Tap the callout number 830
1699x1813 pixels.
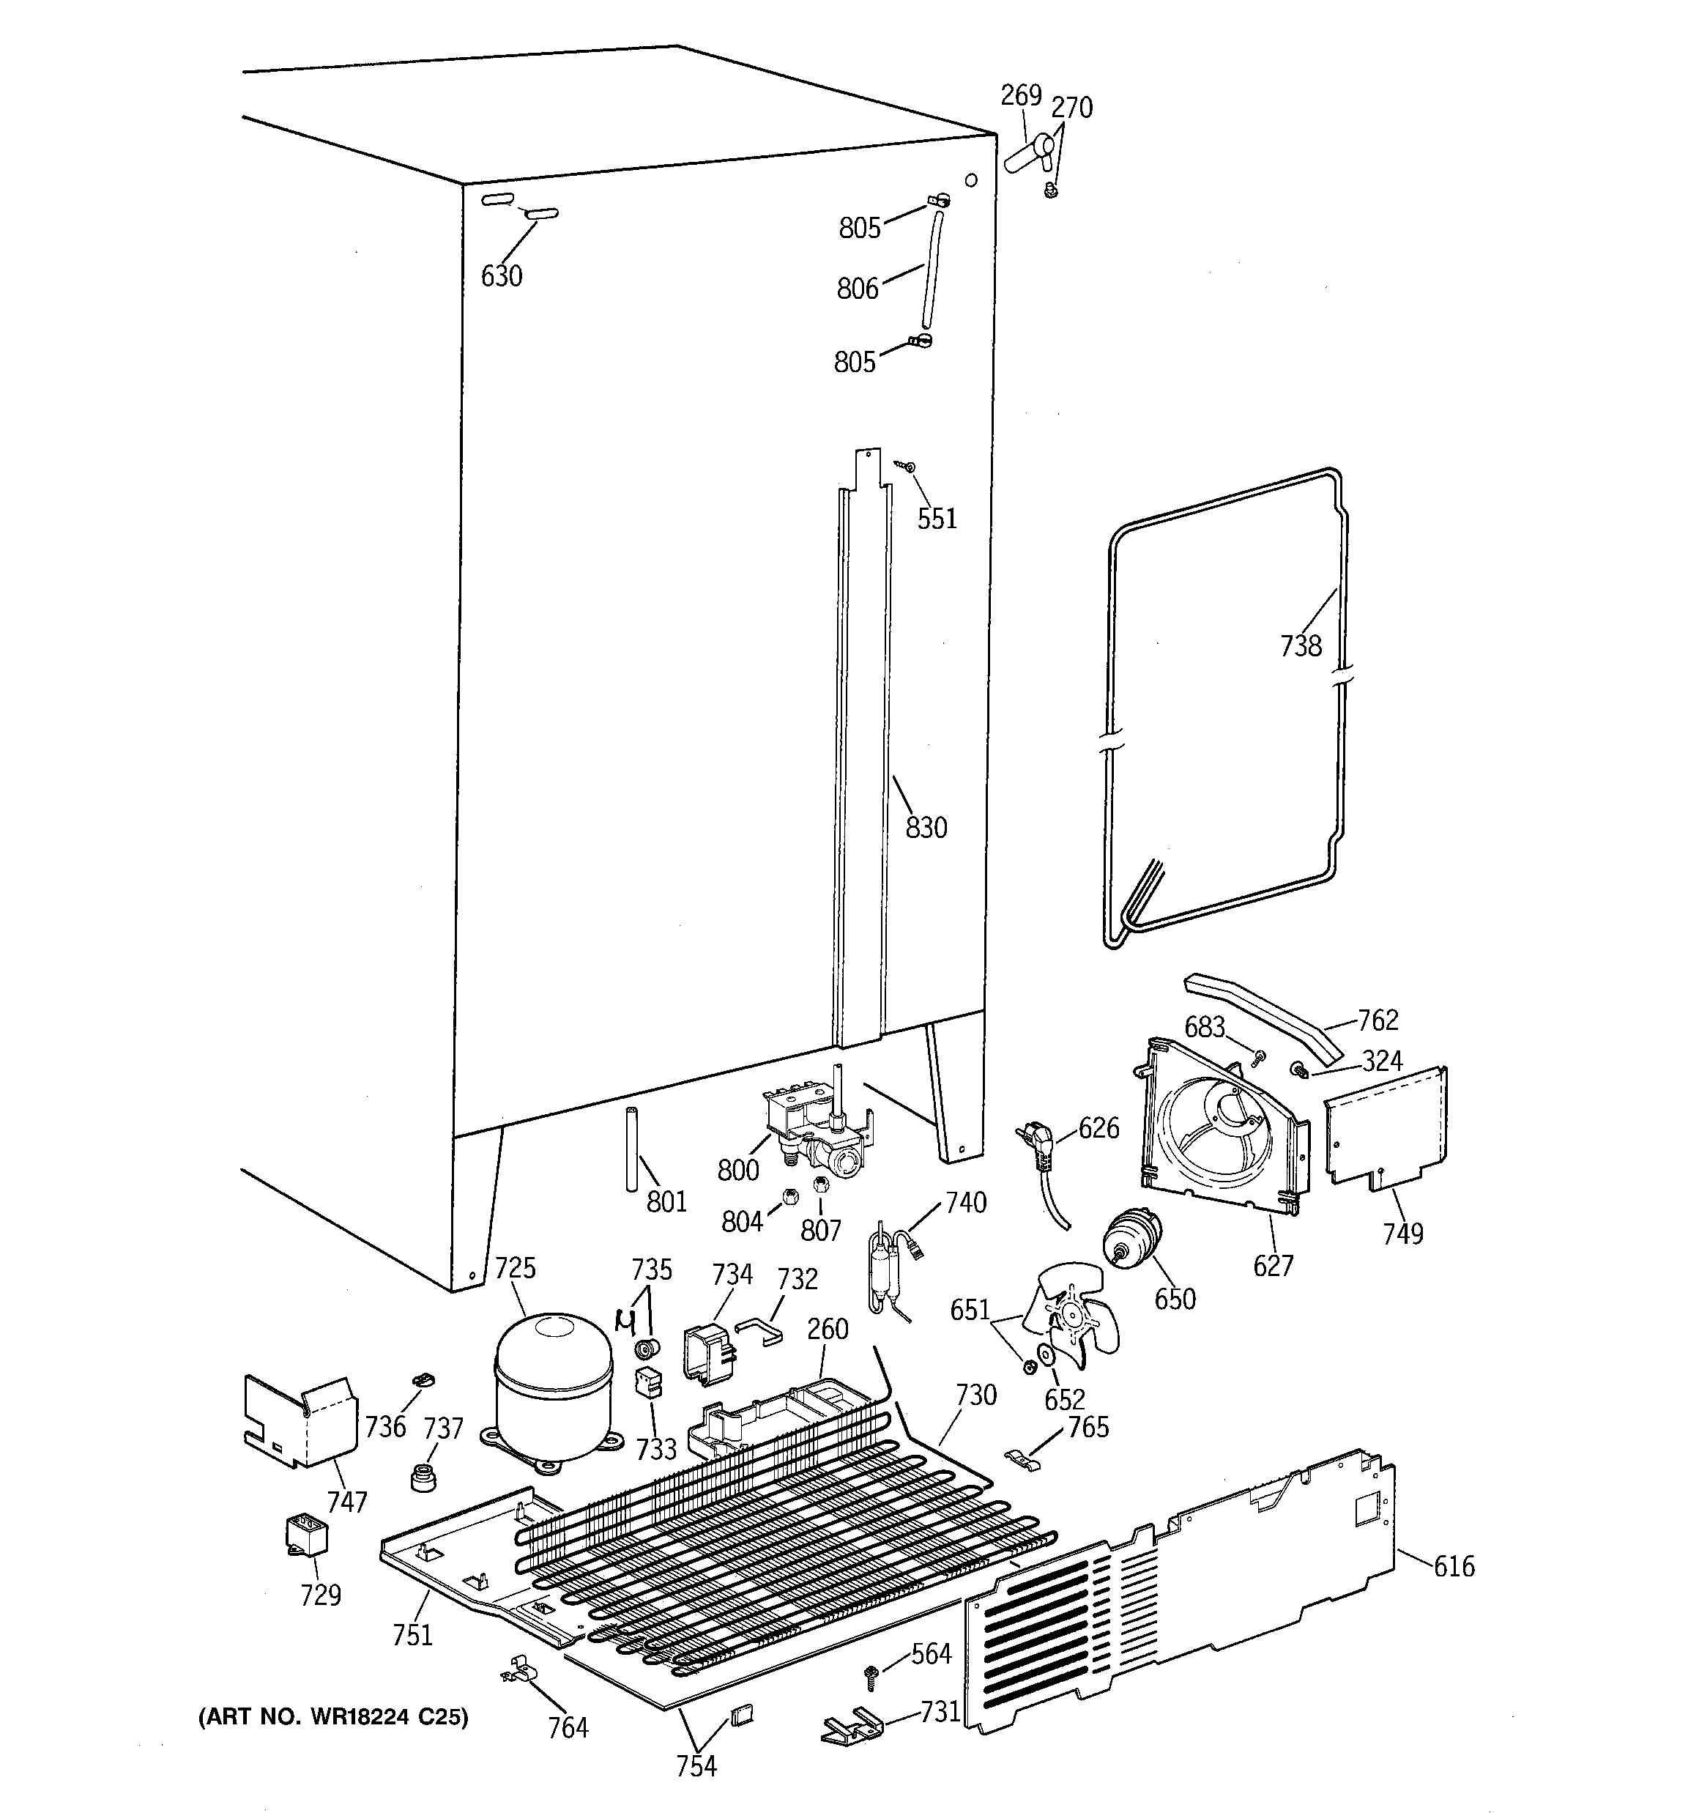926,827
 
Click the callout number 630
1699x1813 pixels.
502,275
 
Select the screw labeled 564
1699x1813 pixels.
870,1674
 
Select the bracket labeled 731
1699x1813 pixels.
852,1723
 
